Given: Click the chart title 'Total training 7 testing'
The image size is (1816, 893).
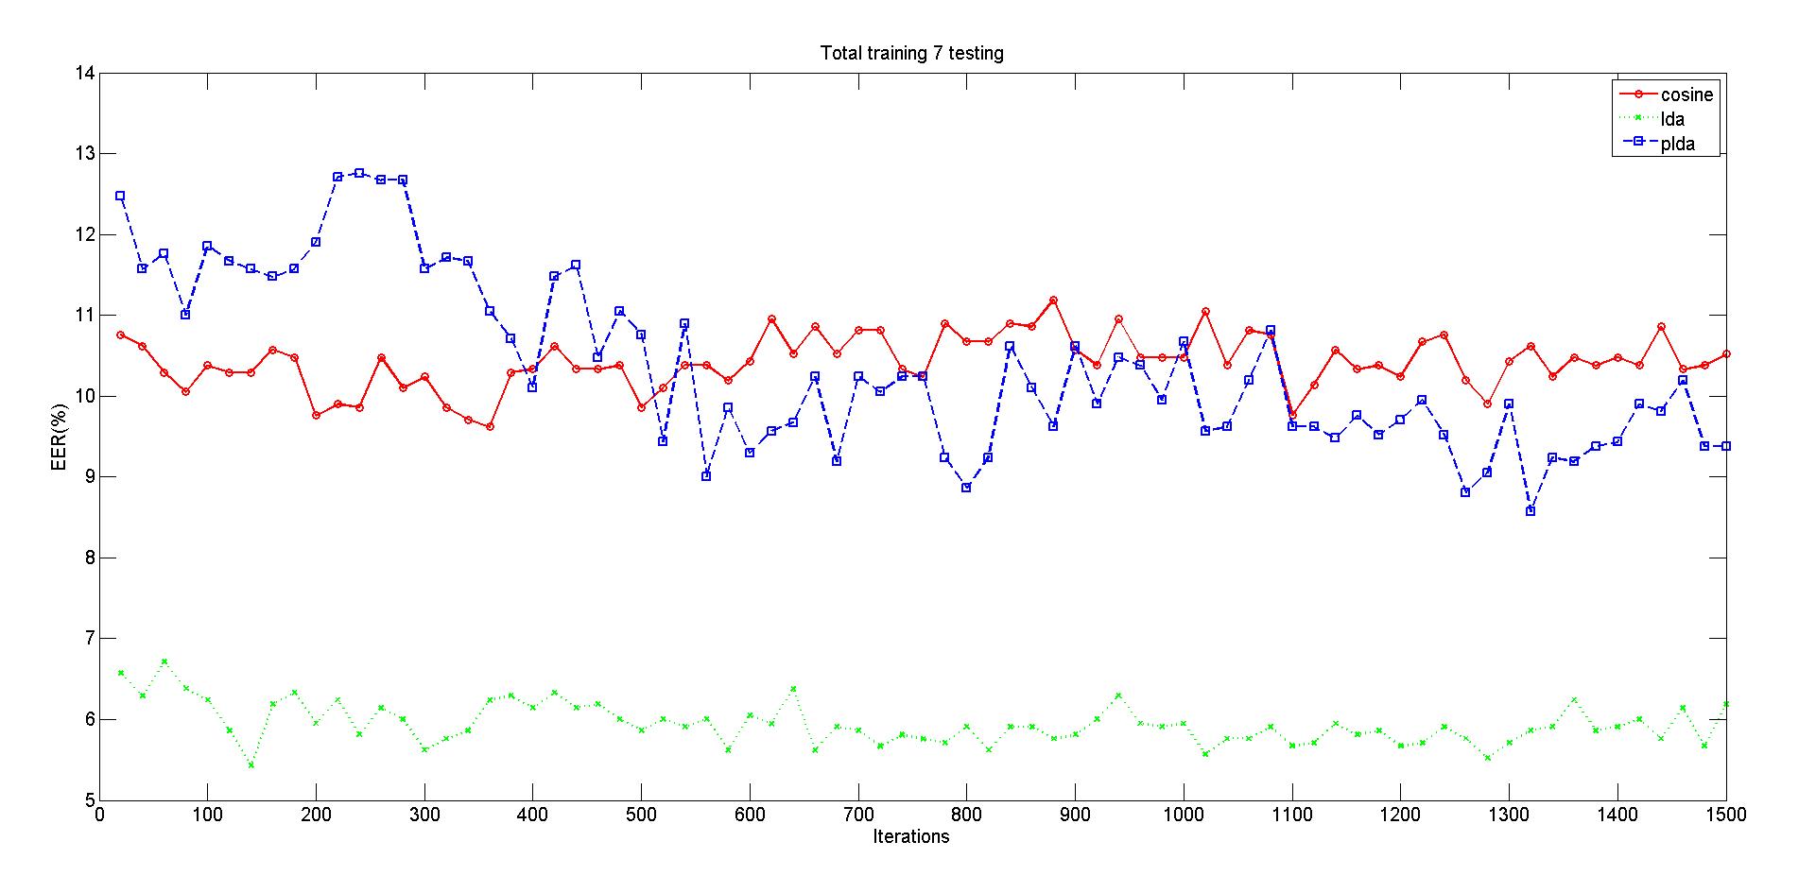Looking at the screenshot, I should (911, 54).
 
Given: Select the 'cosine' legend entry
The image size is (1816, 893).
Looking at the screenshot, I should (1686, 94).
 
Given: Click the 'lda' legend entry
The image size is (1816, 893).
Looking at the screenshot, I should (1672, 120).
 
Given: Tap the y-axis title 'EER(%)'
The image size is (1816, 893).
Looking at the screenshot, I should (60, 437).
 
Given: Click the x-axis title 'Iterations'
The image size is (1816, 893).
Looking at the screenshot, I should (911, 836).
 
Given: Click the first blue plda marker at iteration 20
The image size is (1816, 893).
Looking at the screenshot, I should (120, 196).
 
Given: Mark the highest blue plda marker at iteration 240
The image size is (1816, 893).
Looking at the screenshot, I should (359, 173).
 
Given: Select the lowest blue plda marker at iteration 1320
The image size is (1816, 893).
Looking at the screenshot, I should (1531, 511).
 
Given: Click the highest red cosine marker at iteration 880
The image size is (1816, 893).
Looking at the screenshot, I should (1053, 301).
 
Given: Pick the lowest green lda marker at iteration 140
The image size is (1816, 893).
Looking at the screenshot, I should (251, 764).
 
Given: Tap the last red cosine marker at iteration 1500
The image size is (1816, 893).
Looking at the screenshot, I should (1726, 354).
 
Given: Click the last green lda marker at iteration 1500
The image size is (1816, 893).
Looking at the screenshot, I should (1726, 704).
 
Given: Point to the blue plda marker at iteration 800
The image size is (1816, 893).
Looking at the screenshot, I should (966, 488).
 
